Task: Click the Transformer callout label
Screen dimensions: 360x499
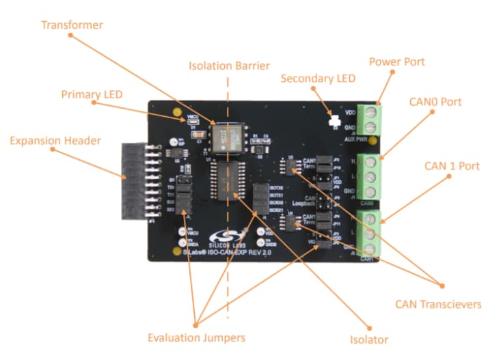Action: click(72, 25)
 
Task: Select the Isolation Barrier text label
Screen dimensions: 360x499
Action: click(229, 66)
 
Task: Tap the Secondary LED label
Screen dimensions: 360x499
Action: click(318, 79)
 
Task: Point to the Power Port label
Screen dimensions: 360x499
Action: click(396, 62)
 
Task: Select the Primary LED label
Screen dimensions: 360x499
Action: click(92, 94)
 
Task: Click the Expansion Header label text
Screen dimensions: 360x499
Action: click(55, 141)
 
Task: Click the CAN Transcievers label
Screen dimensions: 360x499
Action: click(438, 304)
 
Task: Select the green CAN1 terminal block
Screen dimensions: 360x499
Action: click(370, 232)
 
